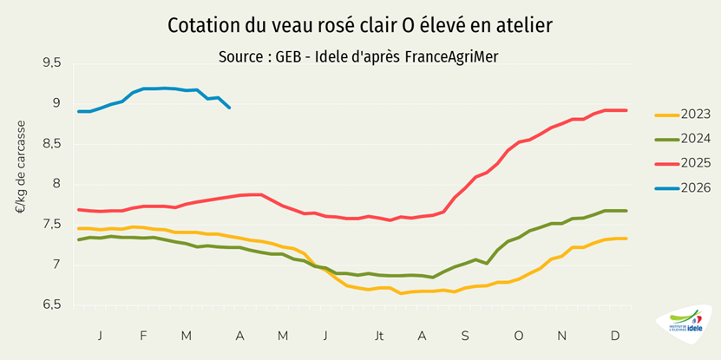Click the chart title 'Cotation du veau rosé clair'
point(360,26)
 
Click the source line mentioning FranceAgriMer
point(360,56)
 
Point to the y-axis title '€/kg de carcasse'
point(21,167)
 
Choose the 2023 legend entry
point(685,114)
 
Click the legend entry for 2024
point(685,138)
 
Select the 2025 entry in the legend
point(685,162)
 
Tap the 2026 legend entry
point(685,187)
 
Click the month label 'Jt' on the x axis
point(379,335)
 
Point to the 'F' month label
point(143,335)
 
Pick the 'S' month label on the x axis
point(465,335)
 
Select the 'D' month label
point(615,335)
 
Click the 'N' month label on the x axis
point(562,335)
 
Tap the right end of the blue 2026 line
point(229,108)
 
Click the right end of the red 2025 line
point(626,110)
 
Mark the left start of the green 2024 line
point(79,239)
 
